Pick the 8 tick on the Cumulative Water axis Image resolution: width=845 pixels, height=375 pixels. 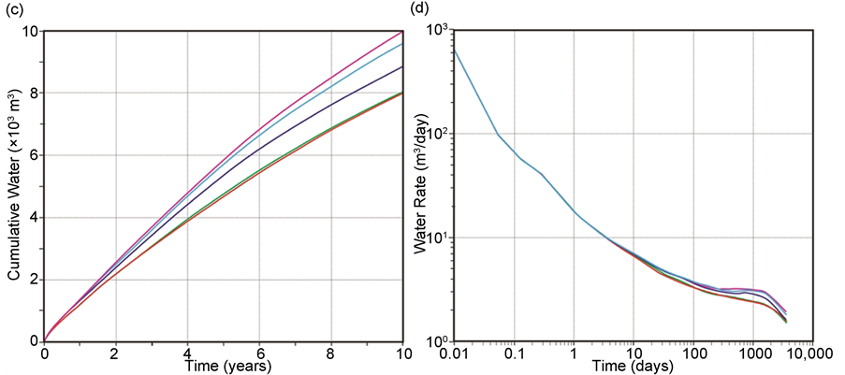click(31, 94)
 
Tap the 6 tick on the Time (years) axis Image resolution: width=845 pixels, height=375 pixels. click(259, 354)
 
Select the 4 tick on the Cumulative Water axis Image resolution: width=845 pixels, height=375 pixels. click(31, 218)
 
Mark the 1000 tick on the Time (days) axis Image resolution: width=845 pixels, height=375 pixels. click(751, 354)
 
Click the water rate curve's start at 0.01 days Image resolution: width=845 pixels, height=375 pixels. click(454, 50)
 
